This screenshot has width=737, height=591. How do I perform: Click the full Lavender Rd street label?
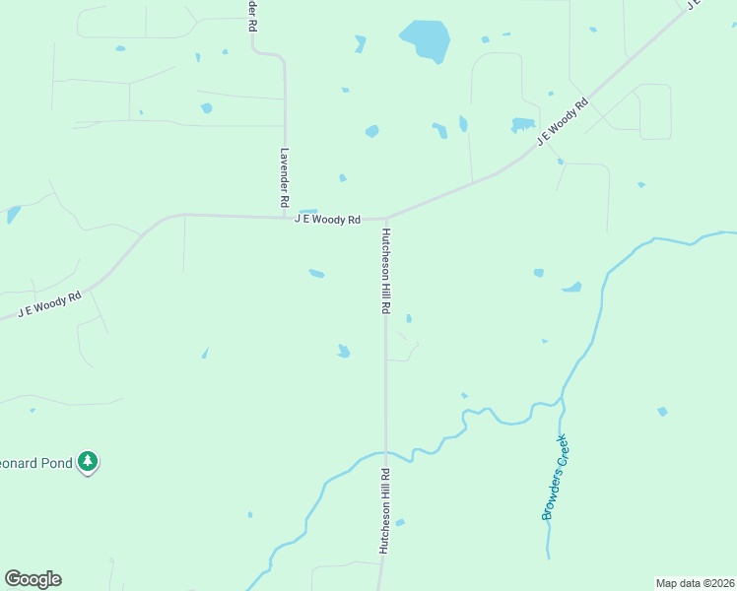[284, 177]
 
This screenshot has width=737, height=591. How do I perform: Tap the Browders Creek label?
[555, 478]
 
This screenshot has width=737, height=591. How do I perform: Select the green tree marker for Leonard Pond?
[89, 461]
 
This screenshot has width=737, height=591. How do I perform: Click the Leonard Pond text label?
[37, 462]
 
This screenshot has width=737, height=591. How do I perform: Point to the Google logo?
[33, 579]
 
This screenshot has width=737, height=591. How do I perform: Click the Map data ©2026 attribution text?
[695, 583]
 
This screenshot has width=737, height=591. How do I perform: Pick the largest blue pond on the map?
[426, 39]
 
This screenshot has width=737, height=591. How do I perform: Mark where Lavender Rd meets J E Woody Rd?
[285, 217]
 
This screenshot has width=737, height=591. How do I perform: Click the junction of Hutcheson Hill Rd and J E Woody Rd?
[386, 218]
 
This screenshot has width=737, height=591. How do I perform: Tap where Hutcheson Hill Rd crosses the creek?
[385, 453]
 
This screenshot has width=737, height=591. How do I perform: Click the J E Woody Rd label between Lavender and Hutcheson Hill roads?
[328, 220]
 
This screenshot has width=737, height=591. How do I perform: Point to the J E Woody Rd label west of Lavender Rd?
[49, 304]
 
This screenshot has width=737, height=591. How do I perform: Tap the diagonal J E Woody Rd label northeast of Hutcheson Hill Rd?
[563, 121]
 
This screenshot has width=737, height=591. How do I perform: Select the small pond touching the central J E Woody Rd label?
[307, 212]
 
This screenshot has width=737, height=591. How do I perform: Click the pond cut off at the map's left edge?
[12, 214]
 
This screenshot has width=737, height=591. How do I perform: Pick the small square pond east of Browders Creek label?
[662, 411]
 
